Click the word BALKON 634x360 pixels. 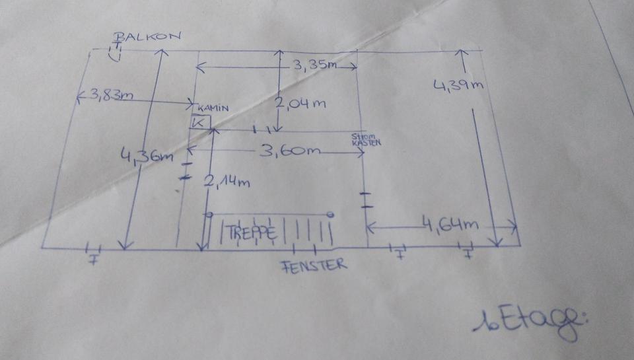coord(148,37)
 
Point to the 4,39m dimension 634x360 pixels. coord(460,85)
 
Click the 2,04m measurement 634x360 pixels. coord(300,104)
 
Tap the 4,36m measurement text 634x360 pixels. coord(147,157)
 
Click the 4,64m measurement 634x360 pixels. coord(452,224)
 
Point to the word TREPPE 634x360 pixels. coord(250,233)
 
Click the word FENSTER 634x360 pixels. coord(314,266)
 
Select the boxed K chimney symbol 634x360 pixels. coord(199,122)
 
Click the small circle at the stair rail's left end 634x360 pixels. coord(209,215)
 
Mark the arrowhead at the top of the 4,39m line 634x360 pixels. coord(462,53)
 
